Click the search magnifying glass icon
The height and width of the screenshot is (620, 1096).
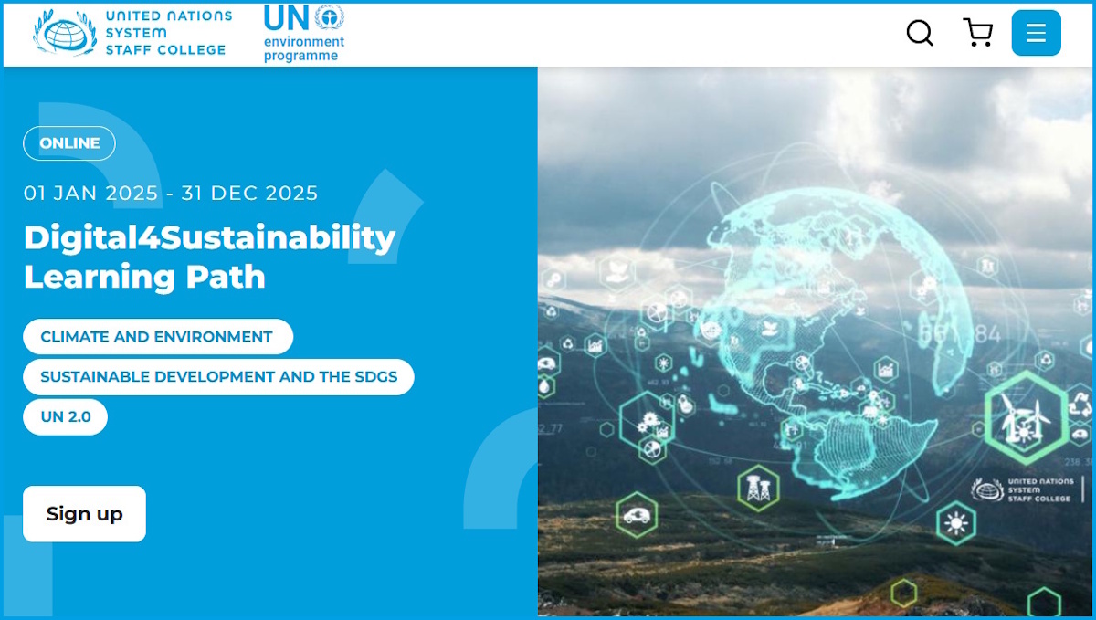point(920,34)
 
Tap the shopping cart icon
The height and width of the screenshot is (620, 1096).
point(978,33)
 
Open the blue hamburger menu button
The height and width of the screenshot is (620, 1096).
point(1036,33)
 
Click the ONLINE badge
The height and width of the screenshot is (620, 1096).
point(69,143)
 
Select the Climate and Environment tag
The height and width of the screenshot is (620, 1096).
point(157,336)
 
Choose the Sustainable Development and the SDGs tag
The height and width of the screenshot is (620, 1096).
point(218,376)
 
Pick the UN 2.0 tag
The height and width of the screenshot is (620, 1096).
point(66,416)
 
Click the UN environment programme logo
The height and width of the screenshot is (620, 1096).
point(303,33)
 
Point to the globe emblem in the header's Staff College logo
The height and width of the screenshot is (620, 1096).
point(64,33)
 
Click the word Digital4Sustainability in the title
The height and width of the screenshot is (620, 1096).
point(209,237)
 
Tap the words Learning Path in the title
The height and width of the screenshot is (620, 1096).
point(144,276)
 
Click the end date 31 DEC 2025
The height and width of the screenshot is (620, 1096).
point(249,194)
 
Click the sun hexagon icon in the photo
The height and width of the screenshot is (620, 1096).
point(956,523)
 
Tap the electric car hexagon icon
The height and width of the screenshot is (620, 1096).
point(637,514)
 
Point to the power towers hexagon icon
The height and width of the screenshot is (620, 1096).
point(757,489)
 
